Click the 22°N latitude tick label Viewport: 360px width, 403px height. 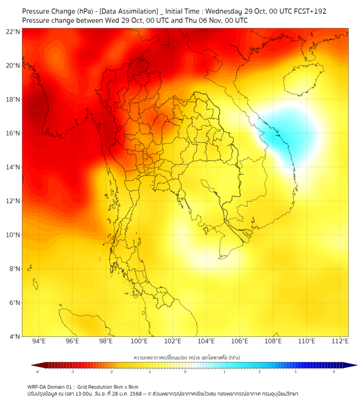[x=13, y=31]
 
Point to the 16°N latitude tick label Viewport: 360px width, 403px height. [x=13, y=133]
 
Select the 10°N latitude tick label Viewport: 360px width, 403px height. [x=13, y=235]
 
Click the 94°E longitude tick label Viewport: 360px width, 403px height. [x=39, y=341]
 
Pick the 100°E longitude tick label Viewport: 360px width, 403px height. [x=139, y=341]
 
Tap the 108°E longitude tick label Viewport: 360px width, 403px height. [x=273, y=341]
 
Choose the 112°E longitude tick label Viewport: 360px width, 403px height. [x=340, y=341]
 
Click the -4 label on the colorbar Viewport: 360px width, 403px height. [x=37, y=372]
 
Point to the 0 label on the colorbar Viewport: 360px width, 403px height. [x=185, y=372]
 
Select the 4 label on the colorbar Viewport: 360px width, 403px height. [x=333, y=372]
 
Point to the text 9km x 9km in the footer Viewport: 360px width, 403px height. [x=127, y=386]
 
